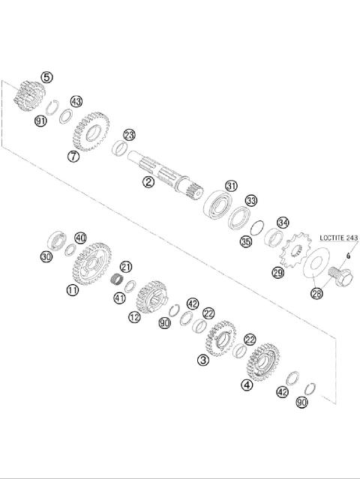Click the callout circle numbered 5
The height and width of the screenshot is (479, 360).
[47, 76]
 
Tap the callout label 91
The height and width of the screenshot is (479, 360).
[40, 120]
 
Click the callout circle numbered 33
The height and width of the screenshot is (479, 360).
[251, 200]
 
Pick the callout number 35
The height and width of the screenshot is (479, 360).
[245, 241]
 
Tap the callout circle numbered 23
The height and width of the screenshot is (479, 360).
[129, 135]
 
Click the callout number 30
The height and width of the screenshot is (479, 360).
[46, 257]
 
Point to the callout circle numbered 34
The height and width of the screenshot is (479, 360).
[283, 223]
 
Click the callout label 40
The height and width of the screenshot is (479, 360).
[80, 238]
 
